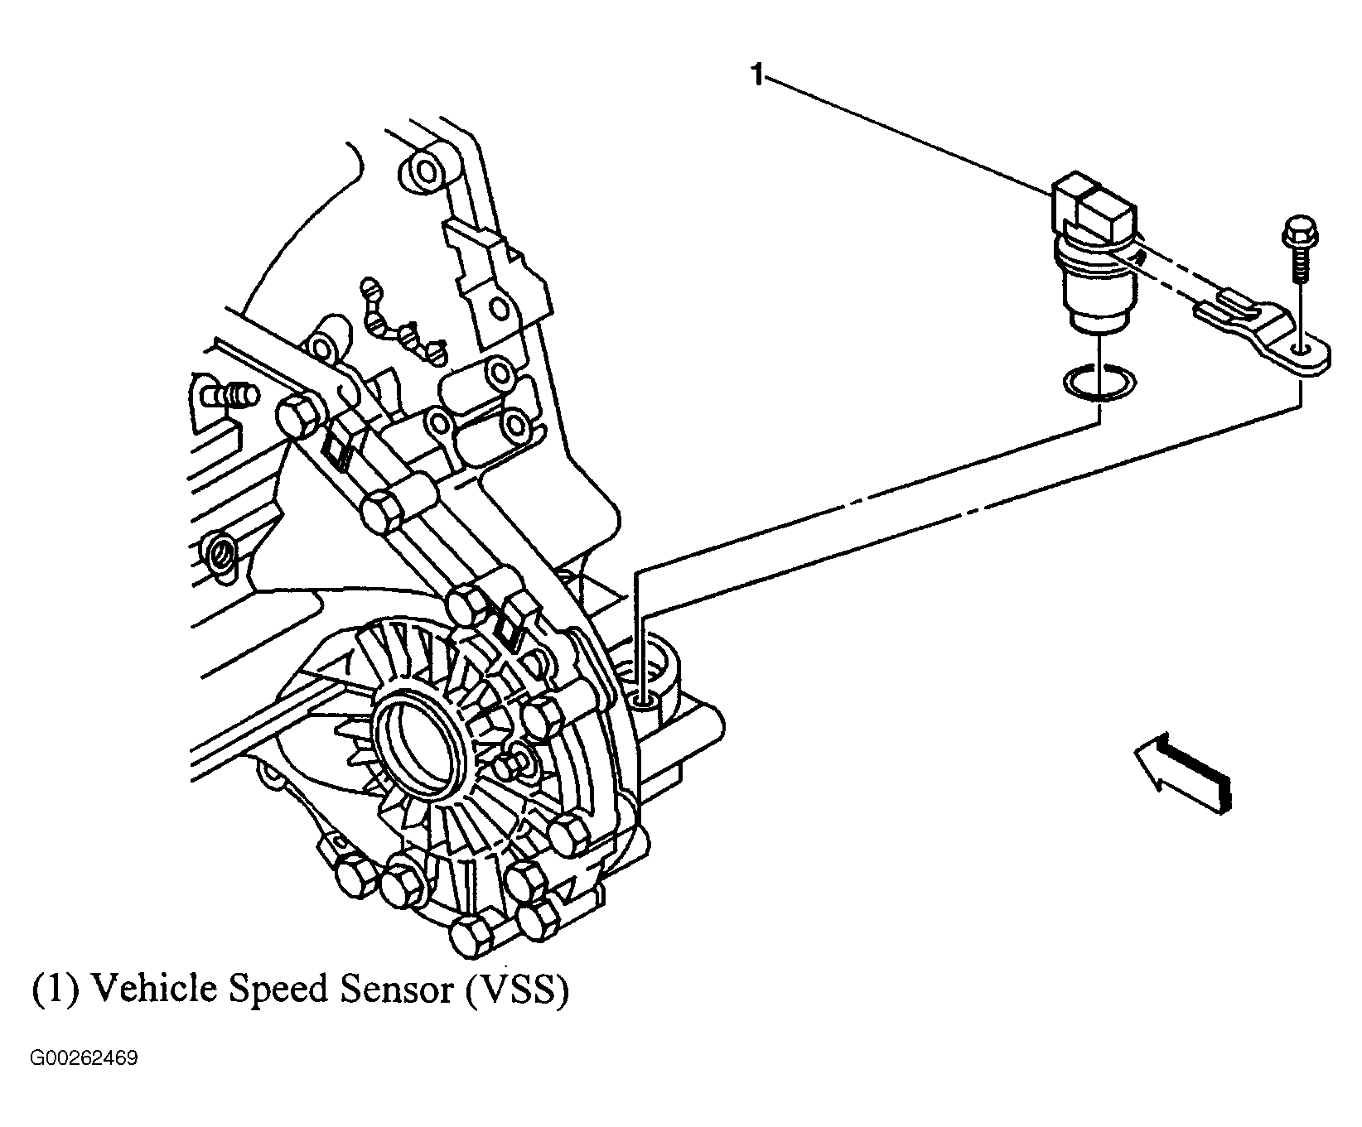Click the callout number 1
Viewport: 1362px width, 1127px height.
click(756, 76)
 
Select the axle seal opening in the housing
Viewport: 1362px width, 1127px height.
click(418, 736)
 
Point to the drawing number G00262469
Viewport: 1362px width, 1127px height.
click(85, 1059)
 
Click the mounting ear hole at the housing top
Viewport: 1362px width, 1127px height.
click(425, 172)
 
